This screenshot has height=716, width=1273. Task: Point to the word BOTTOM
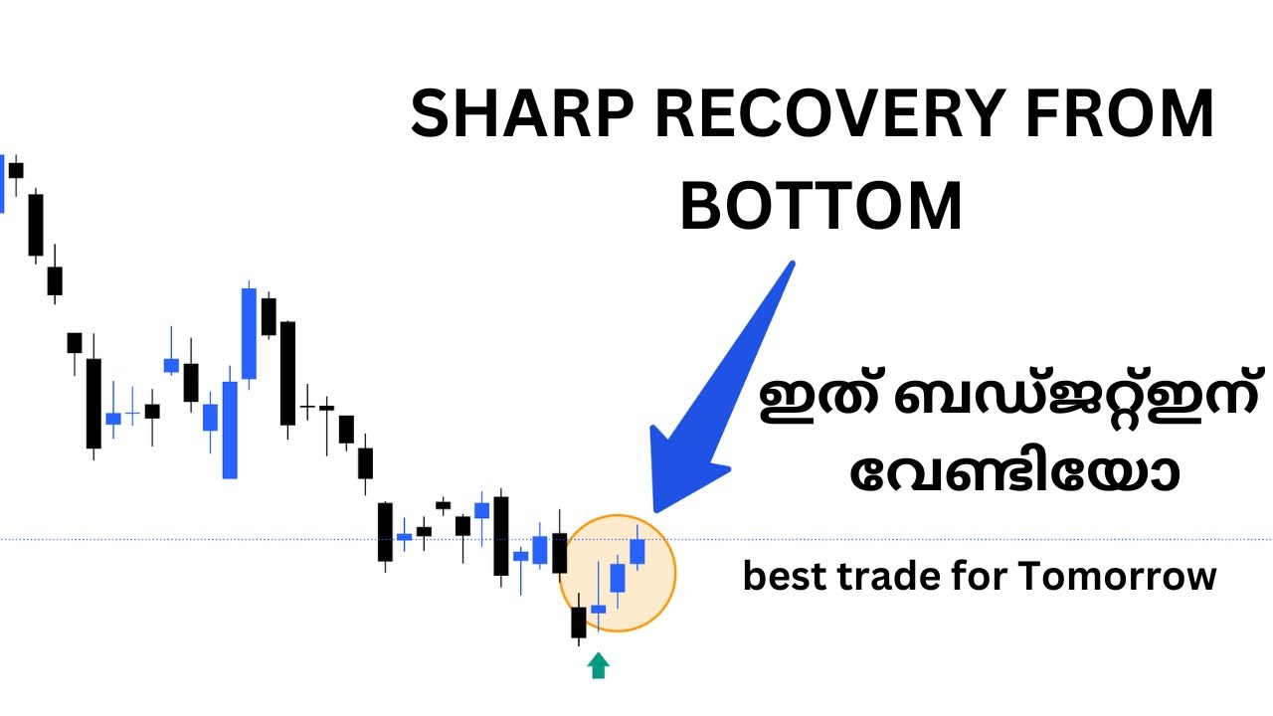click(x=821, y=207)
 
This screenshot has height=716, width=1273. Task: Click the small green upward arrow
click(x=598, y=665)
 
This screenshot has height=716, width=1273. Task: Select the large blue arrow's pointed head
click(x=676, y=477)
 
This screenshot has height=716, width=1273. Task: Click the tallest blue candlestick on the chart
click(x=249, y=333)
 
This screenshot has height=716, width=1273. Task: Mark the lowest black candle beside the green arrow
click(x=579, y=623)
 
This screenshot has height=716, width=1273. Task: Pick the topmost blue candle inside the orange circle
click(x=637, y=550)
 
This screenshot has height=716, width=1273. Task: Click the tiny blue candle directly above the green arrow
click(x=598, y=608)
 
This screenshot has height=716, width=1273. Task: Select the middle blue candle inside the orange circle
click(x=618, y=578)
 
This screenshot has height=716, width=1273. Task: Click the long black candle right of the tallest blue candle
click(x=288, y=372)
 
